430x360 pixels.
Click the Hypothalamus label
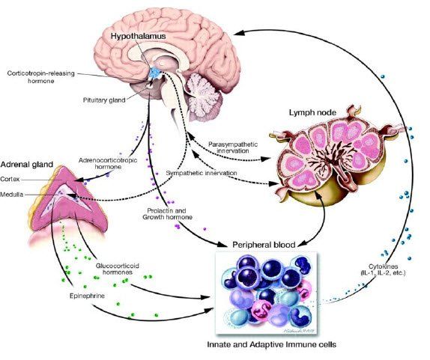click(x=139, y=36)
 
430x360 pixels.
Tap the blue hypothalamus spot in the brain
click(x=155, y=73)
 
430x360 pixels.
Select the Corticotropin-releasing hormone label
click(x=41, y=77)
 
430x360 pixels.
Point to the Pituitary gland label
click(x=104, y=100)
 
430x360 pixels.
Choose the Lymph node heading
click(x=312, y=112)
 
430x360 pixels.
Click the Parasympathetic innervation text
click(x=233, y=147)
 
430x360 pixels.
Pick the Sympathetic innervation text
click(x=202, y=173)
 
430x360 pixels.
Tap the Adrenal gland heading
click(x=27, y=164)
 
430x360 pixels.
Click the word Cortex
click(x=10, y=179)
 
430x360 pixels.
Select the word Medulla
click(x=11, y=195)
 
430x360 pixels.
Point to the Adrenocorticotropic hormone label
click(x=108, y=163)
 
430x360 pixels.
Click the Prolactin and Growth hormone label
click(x=167, y=214)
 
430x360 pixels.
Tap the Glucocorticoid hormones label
click(x=118, y=269)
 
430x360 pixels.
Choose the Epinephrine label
click(x=87, y=296)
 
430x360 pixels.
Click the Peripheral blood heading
click(x=264, y=245)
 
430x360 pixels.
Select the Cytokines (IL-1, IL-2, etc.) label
click(x=383, y=269)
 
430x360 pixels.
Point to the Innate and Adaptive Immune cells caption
click(x=271, y=344)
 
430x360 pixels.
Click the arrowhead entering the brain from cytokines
click(x=238, y=33)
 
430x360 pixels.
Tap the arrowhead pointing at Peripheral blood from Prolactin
click(x=222, y=243)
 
